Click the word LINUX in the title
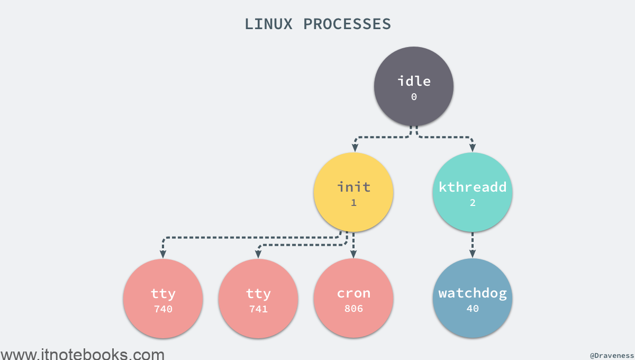[x=268, y=24]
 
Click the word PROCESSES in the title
[x=347, y=24]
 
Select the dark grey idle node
[x=414, y=86]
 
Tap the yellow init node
[x=353, y=192]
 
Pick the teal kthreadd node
[x=472, y=192]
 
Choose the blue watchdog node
[x=472, y=298]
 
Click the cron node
[x=353, y=298]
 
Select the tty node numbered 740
[x=163, y=299]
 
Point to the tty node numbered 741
[x=258, y=299]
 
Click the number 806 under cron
[x=353, y=309]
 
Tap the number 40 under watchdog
[x=473, y=309]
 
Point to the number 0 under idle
[x=414, y=97]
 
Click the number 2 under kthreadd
[x=473, y=203]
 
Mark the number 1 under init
[x=353, y=203]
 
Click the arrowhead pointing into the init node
[x=355, y=148]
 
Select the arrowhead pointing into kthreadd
[x=472, y=148]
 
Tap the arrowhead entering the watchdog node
[x=472, y=254]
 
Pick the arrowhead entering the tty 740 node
[x=163, y=254]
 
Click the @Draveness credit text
[x=612, y=355]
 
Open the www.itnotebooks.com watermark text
[x=83, y=354]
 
